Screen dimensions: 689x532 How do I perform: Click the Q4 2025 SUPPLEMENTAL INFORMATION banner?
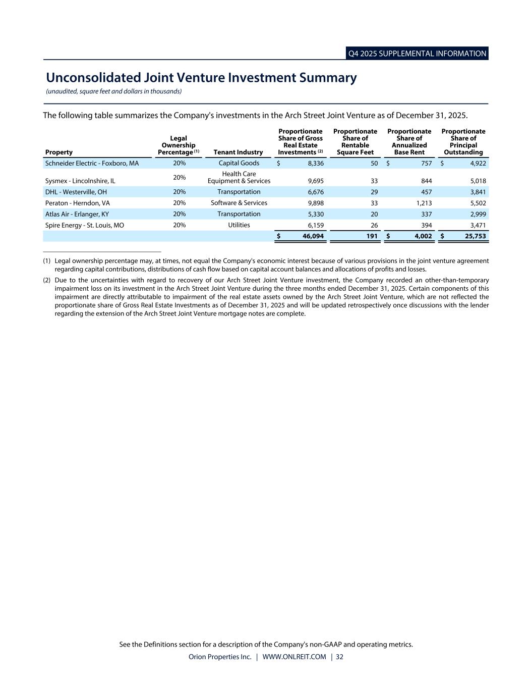pyautogui.click(x=417, y=54)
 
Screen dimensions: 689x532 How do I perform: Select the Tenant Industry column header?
pyautogui.click(x=238, y=152)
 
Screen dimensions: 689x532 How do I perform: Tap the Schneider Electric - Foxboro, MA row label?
pyautogui.click(x=92, y=164)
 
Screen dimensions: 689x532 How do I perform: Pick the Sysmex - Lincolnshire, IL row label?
pyautogui.click(x=80, y=181)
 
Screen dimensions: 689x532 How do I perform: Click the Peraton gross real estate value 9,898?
pyautogui.click(x=316, y=203)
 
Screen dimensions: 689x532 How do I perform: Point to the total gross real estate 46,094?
pyautogui.click(x=313, y=236)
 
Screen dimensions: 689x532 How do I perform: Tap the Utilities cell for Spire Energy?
pyautogui.click(x=239, y=225)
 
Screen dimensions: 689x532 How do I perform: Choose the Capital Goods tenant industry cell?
pyautogui.click(x=239, y=163)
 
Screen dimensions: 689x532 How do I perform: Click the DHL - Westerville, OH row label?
pyautogui.click(x=76, y=192)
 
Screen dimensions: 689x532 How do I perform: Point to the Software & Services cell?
pyautogui.click(x=239, y=203)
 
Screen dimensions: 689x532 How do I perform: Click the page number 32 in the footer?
pyautogui.click(x=339, y=657)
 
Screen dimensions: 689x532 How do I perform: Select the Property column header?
pyautogui.click(x=59, y=152)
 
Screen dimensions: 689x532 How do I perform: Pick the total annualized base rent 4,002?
pyautogui.click(x=421, y=236)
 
